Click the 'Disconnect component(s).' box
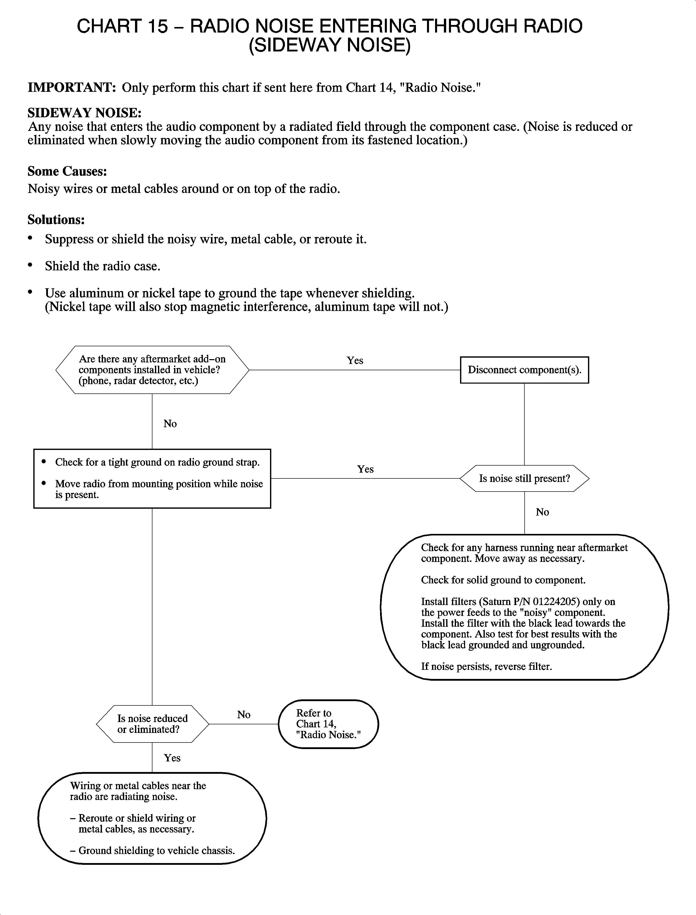pos(524,370)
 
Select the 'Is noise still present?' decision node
pos(524,479)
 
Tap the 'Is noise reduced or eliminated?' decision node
pos(152,724)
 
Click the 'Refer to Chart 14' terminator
pos(328,724)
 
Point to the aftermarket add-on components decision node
pos(152,370)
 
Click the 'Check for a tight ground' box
pos(152,478)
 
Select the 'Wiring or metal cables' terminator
pos(152,818)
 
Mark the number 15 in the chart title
pos(158,26)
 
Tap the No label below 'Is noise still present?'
pos(542,512)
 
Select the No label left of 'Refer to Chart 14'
pos(244,714)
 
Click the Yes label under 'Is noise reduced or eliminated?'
pos(172,758)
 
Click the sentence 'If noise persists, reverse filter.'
pos(486,667)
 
